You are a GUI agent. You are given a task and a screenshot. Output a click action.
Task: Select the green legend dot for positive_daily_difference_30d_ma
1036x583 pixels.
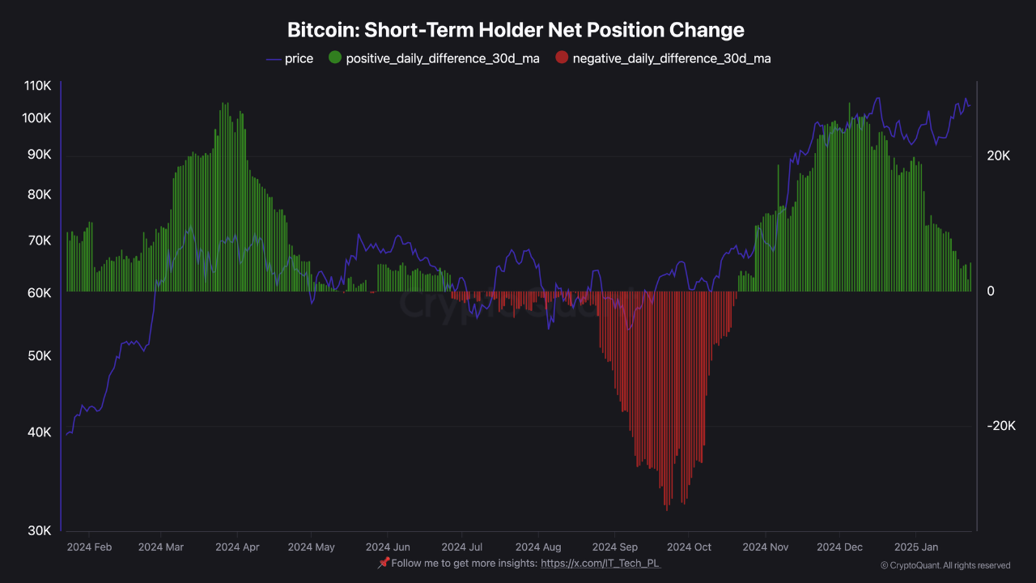point(334,58)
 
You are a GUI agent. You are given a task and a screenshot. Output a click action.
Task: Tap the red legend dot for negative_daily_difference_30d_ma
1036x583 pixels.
point(562,58)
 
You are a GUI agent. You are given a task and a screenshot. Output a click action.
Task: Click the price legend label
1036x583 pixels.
point(299,58)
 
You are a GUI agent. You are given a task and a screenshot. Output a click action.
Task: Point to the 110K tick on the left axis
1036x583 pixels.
point(38,86)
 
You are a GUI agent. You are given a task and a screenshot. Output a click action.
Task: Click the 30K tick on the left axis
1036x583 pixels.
point(40,530)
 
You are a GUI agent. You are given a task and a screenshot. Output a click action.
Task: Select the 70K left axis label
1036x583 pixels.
point(40,240)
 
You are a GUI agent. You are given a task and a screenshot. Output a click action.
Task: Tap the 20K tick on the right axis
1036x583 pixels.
point(998,156)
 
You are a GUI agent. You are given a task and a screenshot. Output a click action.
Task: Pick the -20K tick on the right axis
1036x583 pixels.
point(1000,426)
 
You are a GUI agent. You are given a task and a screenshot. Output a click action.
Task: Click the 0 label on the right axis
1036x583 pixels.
point(991,291)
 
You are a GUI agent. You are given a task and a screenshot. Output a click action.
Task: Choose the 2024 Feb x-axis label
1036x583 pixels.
point(90,547)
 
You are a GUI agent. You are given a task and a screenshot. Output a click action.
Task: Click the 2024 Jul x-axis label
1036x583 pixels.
point(462,547)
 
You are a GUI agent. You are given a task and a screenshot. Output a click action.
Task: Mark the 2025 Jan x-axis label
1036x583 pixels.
point(916,547)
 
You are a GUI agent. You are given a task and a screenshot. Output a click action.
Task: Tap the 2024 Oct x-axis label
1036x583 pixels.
point(690,547)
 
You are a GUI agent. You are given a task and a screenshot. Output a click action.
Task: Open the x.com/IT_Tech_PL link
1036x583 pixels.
point(601,563)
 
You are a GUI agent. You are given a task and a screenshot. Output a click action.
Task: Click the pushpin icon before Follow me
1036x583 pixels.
point(384,563)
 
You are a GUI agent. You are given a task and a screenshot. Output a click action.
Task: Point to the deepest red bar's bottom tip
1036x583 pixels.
point(667,509)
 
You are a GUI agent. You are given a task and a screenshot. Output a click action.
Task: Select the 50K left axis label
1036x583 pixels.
point(40,356)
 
